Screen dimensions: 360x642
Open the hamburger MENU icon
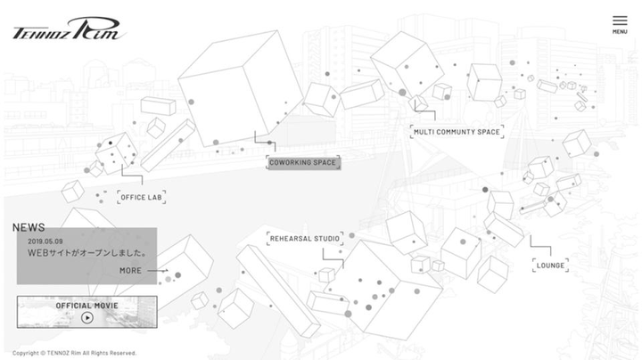(x=620, y=20)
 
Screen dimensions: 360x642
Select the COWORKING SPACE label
(x=303, y=162)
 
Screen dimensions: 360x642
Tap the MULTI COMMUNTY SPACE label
(x=457, y=132)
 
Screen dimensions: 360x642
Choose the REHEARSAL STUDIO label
(x=304, y=238)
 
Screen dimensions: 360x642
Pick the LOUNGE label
(x=550, y=265)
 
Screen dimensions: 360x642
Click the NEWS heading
(x=29, y=227)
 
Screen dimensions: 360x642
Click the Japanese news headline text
(x=86, y=253)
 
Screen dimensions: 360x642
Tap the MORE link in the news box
(x=130, y=270)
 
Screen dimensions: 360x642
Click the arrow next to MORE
(x=157, y=270)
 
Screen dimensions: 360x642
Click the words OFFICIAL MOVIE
(x=87, y=305)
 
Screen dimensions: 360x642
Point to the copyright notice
(x=75, y=353)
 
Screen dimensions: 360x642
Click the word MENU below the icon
(x=620, y=32)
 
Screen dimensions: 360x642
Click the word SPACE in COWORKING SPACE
(x=323, y=162)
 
